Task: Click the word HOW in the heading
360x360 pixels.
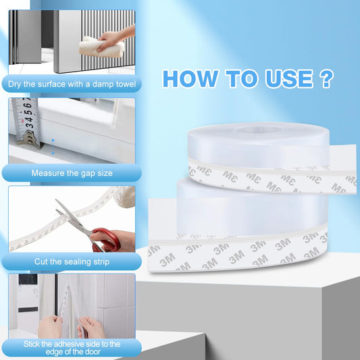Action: click(190, 79)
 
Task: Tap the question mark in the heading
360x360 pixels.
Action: click(326, 79)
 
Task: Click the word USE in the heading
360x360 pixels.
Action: click(289, 79)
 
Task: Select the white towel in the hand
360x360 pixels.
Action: click(101, 47)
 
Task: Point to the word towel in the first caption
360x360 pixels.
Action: click(125, 84)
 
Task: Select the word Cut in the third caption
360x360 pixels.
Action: click(41, 261)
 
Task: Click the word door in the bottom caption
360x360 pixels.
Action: click(93, 352)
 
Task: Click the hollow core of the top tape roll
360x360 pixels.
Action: click(259, 130)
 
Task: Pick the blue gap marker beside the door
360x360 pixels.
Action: click(53, 147)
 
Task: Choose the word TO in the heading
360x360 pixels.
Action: click(241, 79)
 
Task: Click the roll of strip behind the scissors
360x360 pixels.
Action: click(125, 197)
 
